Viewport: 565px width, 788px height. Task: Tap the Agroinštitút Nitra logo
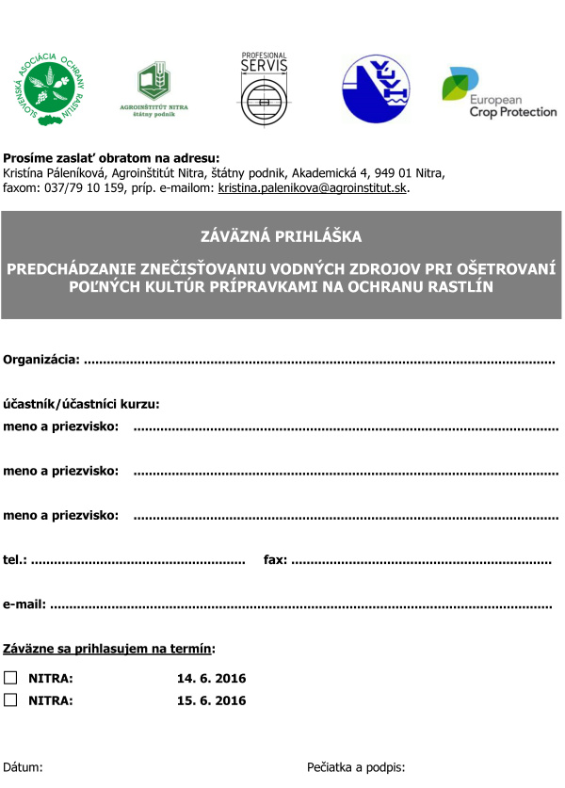(163, 90)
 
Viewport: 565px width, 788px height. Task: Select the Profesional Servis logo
(264, 88)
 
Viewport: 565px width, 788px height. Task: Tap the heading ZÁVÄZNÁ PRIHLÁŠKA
(282, 236)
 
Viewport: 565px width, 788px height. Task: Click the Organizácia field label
(42, 360)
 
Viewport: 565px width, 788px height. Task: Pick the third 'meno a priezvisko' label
(61, 515)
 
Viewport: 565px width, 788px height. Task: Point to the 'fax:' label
(276, 559)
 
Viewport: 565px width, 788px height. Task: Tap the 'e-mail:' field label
(24, 604)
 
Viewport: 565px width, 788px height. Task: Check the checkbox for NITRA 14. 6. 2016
(10, 677)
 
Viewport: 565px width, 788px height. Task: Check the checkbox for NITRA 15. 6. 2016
(10, 700)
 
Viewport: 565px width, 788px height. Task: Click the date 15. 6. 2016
(211, 700)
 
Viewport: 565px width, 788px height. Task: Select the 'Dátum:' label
(24, 766)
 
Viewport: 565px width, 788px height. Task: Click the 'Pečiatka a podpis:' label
(356, 766)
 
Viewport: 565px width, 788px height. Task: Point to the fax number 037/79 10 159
(86, 188)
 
